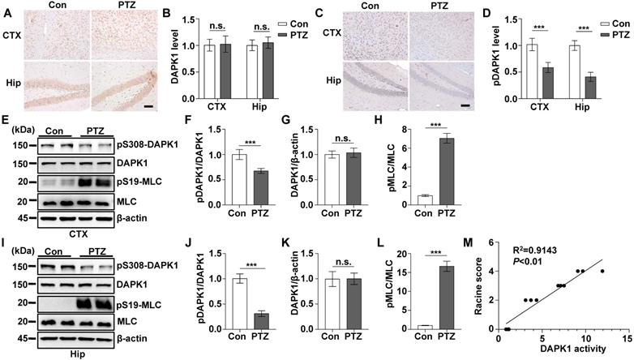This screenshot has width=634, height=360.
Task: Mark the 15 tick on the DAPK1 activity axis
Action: tap(628, 336)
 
